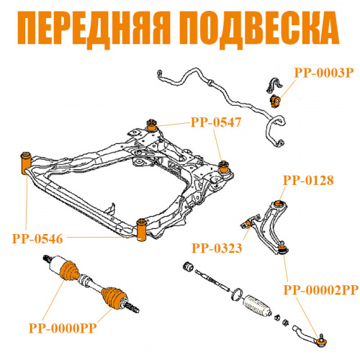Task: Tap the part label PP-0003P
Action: tap(324, 73)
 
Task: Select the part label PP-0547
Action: tap(216, 122)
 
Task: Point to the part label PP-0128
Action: tap(308, 180)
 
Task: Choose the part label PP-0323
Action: tap(217, 248)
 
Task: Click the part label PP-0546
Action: tap(37, 239)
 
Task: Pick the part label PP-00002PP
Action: tap(321, 290)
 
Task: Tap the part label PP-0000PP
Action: tap(63, 328)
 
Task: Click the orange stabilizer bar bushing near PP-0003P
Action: tap(275, 102)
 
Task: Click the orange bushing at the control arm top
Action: tap(279, 204)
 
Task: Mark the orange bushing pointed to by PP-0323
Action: tap(248, 224)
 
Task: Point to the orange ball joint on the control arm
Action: tap(283, 248)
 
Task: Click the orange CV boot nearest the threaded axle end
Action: tap(113, 298)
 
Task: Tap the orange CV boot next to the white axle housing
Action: tap(69, 271)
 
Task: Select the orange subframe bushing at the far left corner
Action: tap(25, 163)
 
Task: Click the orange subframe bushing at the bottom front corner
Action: tap(141, 230)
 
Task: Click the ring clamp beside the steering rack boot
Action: tap(236, 294)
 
